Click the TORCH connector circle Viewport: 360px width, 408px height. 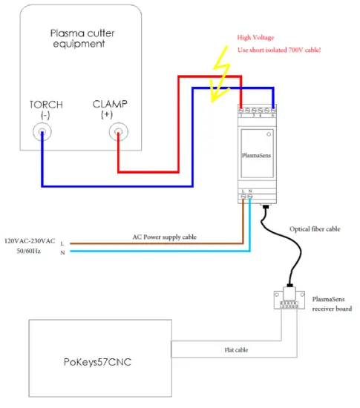coord(42,134)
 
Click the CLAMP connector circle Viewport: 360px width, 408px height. coord(117,134)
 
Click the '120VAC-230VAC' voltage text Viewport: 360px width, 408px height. coord(30,242)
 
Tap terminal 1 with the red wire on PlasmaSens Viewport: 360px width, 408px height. coord(240,110)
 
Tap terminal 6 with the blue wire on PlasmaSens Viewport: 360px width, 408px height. coord(274,110)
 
